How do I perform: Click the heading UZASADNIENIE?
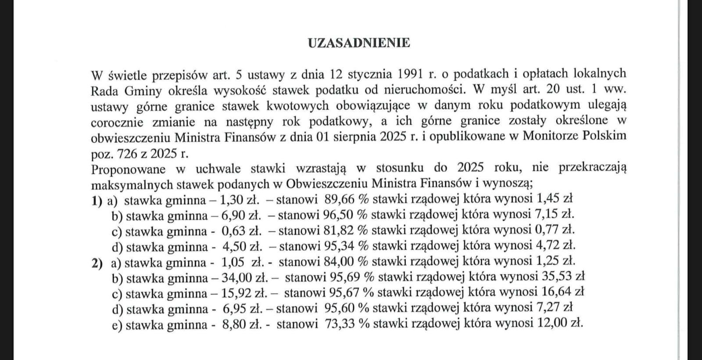pos(359,43)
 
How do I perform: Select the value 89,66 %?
pos(347,199)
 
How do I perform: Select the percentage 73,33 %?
pos(347,324)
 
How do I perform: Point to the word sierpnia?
pos(352,137)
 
